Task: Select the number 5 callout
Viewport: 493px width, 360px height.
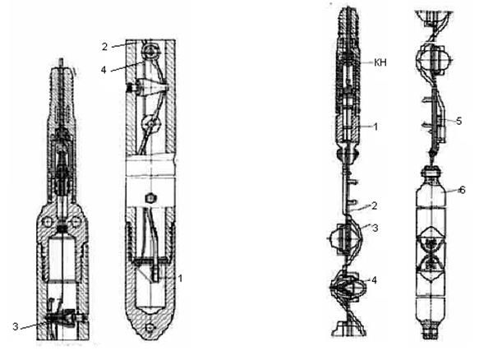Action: coord(458,120)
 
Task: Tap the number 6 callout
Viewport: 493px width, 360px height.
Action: coord(462,189)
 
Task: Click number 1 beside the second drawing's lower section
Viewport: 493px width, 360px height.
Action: coord(179,279)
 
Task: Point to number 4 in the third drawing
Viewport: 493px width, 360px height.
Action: coord(374,279)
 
